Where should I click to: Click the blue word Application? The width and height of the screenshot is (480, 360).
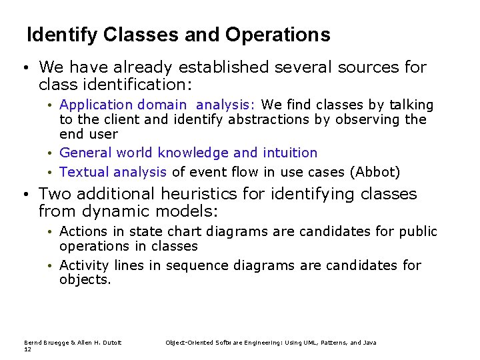(96, 105)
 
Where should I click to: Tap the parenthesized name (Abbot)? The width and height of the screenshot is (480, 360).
(375, 172)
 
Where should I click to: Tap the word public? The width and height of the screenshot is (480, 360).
(418, 231)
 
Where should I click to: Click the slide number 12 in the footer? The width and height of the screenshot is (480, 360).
(27, 349)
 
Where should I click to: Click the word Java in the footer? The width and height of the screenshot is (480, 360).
(369, 343)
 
